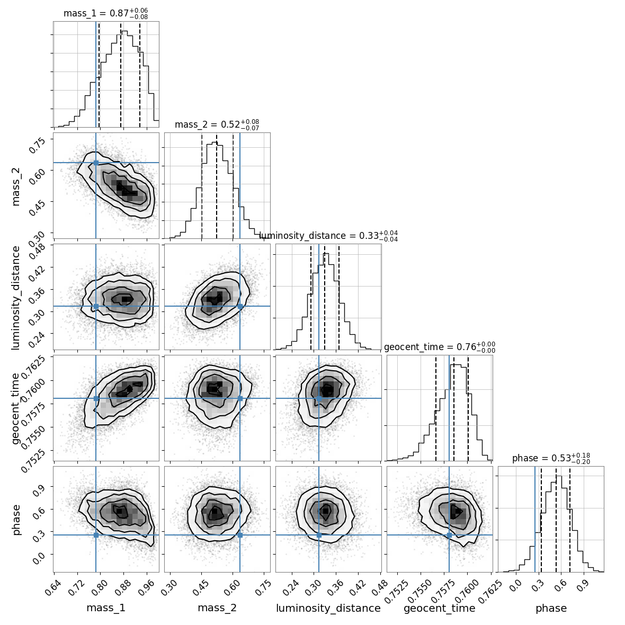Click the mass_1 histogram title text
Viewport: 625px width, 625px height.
tap(105, 14)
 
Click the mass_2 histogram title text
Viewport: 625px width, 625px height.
tap(217, 125)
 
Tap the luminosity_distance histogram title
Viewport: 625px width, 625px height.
tap(328, 236)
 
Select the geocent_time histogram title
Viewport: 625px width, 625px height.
tap(440, 347)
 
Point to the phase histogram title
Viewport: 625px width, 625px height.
tap(551, 459)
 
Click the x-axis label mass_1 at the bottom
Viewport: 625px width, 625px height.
tap(106, 608)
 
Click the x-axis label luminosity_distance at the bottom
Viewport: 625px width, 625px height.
tap(328, 608)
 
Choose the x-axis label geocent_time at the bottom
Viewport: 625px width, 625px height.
tap(440, 608)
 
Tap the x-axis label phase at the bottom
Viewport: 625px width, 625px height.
tap(551, 608)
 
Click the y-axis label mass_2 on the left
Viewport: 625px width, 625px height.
tap(16, 185)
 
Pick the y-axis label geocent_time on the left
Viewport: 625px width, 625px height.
tap(16, 408)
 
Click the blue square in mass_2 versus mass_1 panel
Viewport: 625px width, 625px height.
tap(96, 163)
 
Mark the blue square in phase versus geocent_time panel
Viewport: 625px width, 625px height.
tap(449, 535)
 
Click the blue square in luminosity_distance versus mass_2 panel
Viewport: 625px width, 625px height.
tap(240, 306)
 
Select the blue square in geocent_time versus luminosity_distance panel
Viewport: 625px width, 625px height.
tap(319, 398)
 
